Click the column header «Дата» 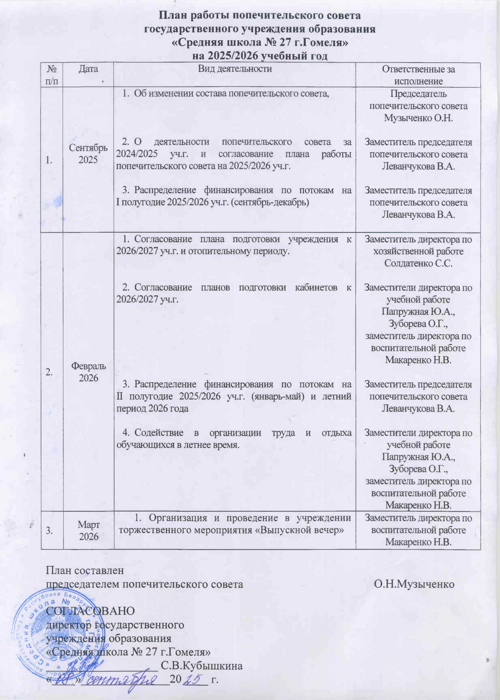[88, 69]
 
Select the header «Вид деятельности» [235, 69]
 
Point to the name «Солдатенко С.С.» [418, 264]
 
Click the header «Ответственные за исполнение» [418, 75]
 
